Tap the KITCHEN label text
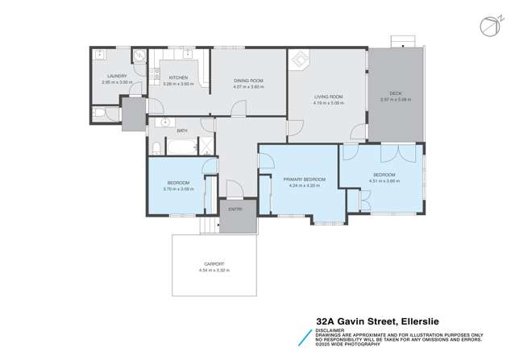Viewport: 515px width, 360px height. [x=177, y=77]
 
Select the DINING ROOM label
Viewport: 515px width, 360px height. [x=248, y=81]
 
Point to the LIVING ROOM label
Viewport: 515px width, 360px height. [x=328, y=97]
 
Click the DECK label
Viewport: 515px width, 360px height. [x=396, y=93]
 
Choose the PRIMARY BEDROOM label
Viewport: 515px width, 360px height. [x=304, y=179]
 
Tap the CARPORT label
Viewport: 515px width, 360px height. [x=214, y=263]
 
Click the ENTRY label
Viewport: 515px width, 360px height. [x=235, y=209]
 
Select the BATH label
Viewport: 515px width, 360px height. [x=182, y=130]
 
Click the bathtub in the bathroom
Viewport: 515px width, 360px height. [x=181, y=147]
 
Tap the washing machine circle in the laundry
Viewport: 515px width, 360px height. [x=138, y=57]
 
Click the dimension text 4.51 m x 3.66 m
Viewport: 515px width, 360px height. [x=384, y=180]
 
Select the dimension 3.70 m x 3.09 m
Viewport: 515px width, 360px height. [x=178, y=188]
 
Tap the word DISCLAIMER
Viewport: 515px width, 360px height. [x=328, y=329]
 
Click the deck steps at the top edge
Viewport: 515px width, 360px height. [x=400, y=41]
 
